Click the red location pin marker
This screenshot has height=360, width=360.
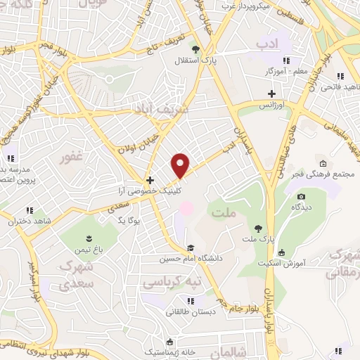click(x=181, y=165)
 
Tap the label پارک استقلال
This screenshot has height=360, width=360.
click(x=196, y=60)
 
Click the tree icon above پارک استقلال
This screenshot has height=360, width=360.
click(x=196, y=49)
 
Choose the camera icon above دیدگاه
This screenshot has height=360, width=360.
click(x=302, y=196)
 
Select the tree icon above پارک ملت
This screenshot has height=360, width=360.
click(x=259, y=227)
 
